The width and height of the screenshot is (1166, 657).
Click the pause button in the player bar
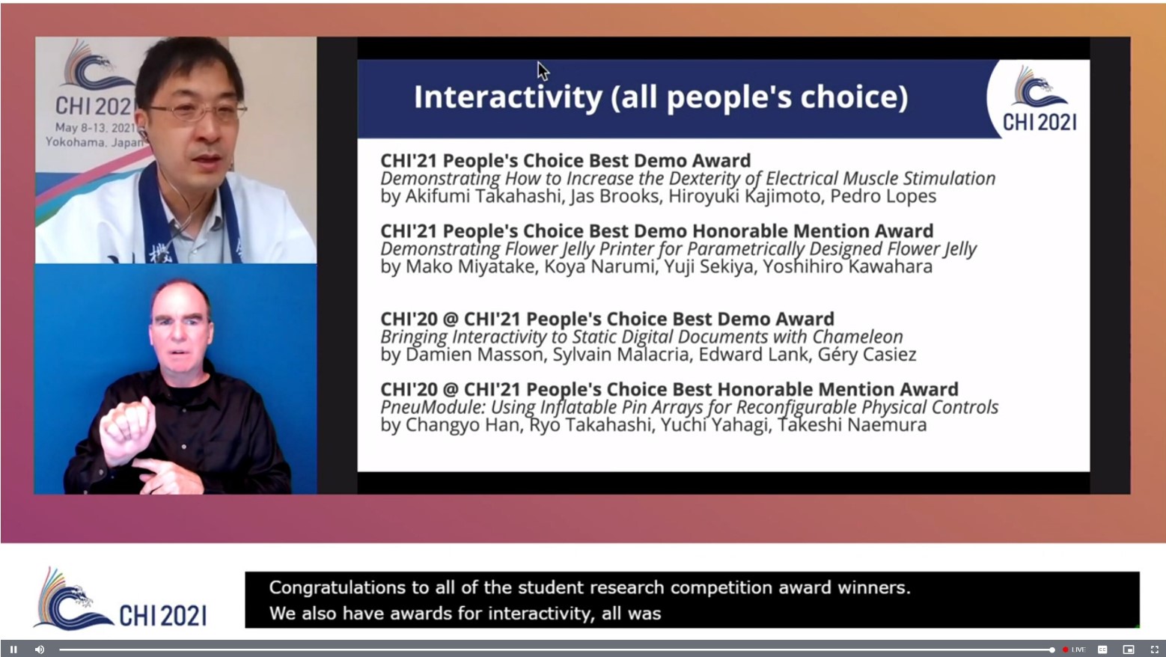(13, 650)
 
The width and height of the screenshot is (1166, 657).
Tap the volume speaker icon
(40, 650)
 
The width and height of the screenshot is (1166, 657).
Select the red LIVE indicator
(1074, 650)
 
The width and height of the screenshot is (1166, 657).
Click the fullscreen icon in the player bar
(1154, 650)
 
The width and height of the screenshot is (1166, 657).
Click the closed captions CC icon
(1102, 650)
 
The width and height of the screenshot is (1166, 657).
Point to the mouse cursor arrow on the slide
(543, 71)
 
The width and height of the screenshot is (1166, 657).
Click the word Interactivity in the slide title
(508, 97)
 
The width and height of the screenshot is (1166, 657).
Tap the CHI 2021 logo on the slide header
(1040, 98)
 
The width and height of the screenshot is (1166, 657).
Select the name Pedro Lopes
(883, 196)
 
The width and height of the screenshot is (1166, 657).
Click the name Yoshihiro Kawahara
(847, 266)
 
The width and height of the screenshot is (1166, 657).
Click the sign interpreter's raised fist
(127, 430)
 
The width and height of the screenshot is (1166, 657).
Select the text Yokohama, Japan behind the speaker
(94, 142)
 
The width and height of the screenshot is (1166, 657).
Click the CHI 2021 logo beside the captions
(120, 599)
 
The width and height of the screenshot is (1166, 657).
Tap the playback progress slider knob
(1052, 650)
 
